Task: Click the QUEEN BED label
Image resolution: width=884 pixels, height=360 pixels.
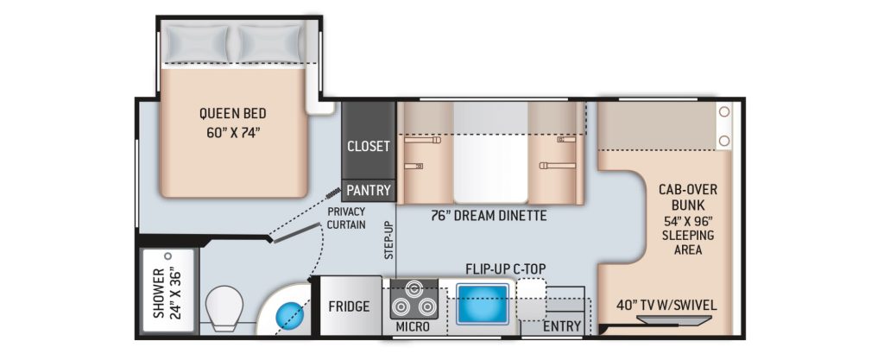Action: [x=232, y=113]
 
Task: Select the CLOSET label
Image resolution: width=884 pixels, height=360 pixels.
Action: [x=368, y=147]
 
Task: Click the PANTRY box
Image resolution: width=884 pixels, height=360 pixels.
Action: [x=368, y=191]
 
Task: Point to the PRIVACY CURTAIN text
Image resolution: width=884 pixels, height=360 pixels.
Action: [x=346, y=218]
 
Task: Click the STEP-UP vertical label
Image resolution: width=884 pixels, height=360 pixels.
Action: [x=388, y=240]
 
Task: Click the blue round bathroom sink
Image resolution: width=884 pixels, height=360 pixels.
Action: [x=289, y=314]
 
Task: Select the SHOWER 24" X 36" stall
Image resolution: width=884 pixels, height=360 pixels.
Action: [x=167, y=291]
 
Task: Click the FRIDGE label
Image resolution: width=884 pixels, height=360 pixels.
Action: [x=349, y=306]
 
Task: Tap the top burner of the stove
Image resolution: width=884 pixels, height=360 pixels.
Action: [x=414, y=288]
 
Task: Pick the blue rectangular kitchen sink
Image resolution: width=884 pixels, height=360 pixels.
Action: [x=482, y=304]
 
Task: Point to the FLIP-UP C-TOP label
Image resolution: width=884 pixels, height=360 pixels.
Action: [x=506, y=268]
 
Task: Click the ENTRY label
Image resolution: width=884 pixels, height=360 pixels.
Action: [x=561, y=326]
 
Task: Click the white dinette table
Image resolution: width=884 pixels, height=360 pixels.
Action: [x=490, y=152]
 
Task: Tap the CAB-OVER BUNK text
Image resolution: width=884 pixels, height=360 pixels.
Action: [x=687, y=197]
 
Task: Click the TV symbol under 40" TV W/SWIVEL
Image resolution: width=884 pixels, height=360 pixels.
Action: [x=673, y=320]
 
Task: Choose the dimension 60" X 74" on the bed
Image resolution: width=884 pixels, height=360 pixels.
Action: [x=232, y=134]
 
